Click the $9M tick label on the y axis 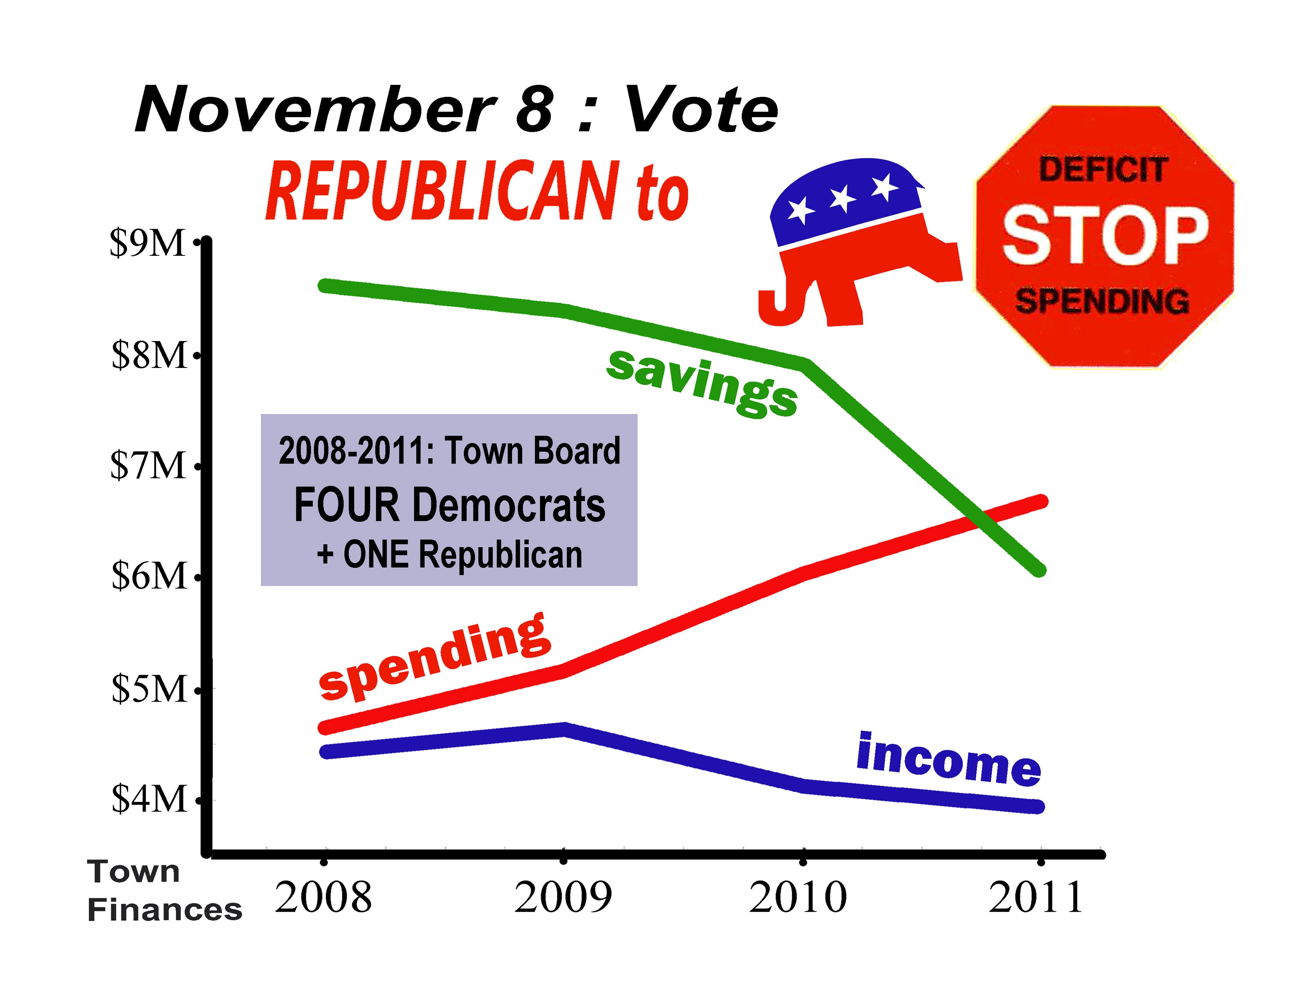click(148, 243)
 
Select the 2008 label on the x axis click(323, 898)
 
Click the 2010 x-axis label click(798, 898)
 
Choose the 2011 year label click(1036, 898)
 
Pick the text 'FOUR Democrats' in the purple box click(450, 506)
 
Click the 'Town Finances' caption click(164, 891)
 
